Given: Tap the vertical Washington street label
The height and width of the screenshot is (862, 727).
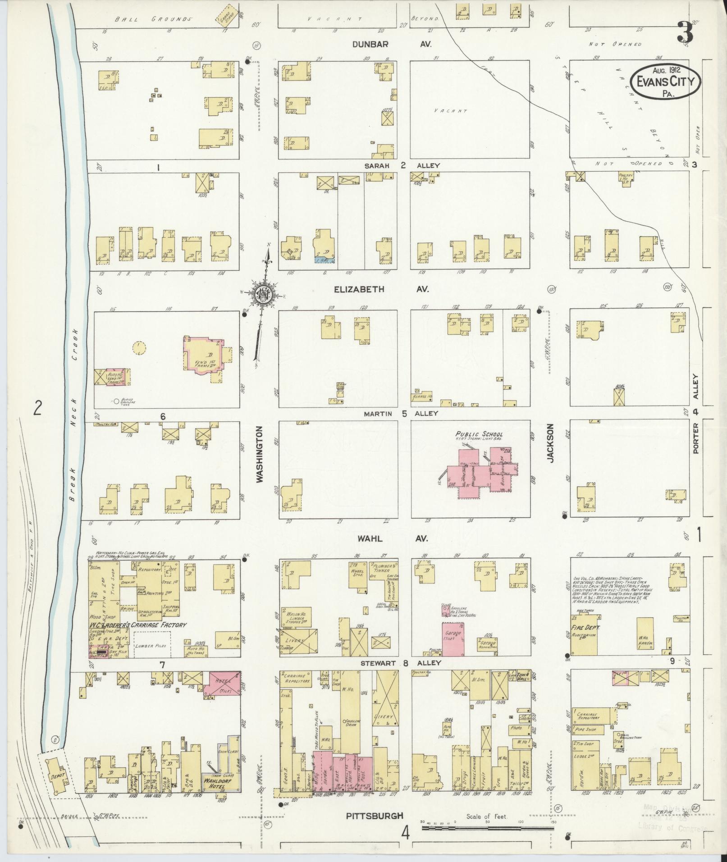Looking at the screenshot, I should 260,455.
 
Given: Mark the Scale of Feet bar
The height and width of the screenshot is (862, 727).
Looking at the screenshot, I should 487,828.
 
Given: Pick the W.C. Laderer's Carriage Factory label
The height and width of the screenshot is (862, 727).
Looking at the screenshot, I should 137,625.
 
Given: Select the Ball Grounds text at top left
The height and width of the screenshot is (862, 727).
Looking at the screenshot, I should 153,19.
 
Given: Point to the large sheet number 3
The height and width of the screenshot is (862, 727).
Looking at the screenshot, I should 683,33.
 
